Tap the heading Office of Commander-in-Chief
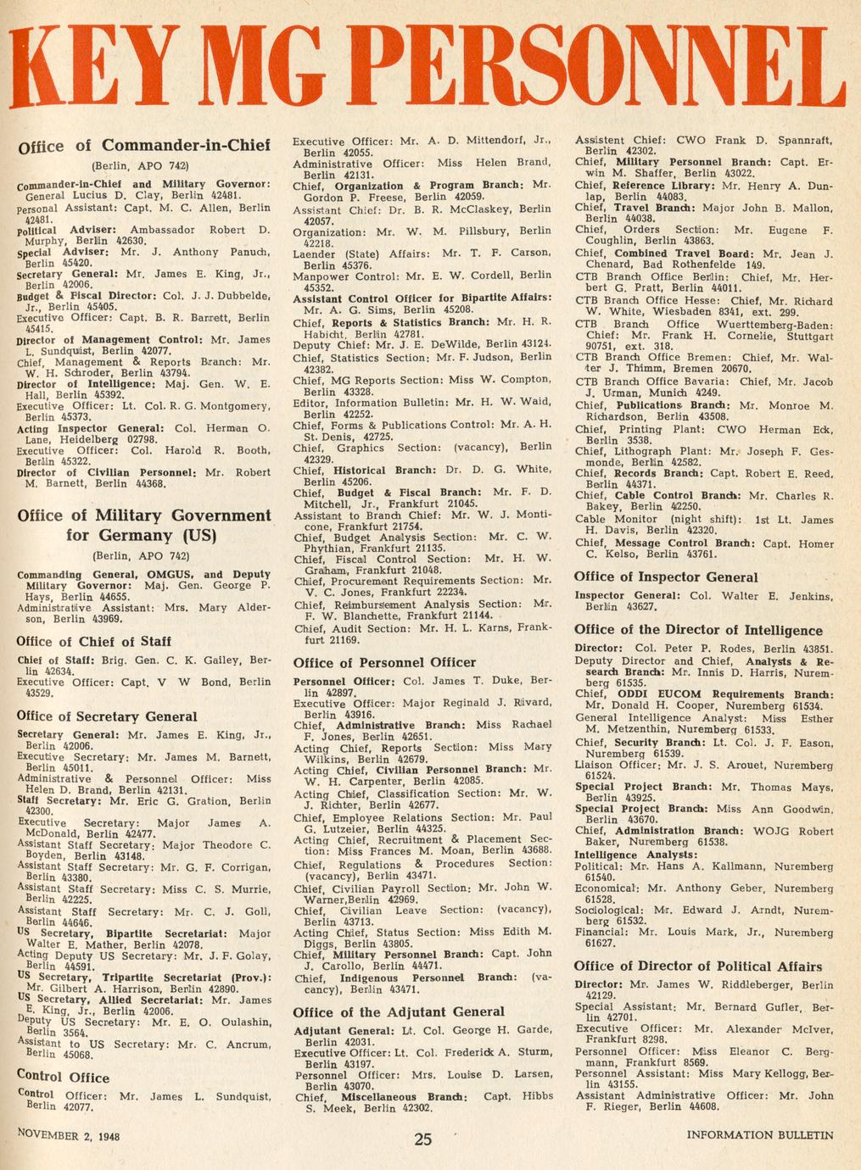click(x=143, y=145)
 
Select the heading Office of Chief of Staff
click(x=93, y=642)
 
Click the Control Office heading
click(x=63, y=1078)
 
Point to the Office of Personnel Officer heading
click(x=384, y=662)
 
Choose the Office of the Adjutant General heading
click(x=398, y=1011)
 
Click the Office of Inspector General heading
click(x=666, y=577)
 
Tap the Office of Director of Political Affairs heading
click(x=697, y=967)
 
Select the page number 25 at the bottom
click(x=423, y=1139)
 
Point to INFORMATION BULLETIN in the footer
click(x=760, y=1134)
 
